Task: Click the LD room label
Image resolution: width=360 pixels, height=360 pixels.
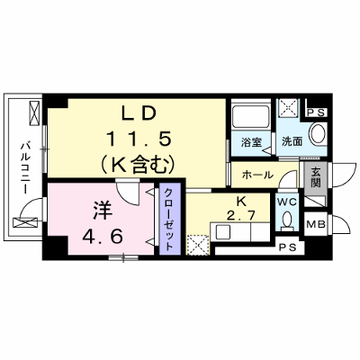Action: click(139, 113)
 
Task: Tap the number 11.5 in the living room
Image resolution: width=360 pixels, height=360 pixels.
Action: click(138, 139)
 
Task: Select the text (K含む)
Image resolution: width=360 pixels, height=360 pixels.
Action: click(139, 165)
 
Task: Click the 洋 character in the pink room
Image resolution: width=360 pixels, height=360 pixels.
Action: click(103, 211)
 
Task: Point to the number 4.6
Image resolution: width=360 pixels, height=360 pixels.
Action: click(103, 237)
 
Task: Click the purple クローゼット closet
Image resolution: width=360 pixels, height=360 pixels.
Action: click(170, 219)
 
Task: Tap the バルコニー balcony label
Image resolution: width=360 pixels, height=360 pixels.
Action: click(25, 168)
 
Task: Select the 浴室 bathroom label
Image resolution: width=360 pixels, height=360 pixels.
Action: click(251, 142)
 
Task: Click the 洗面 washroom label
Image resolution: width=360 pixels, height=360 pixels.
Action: click(292, 141)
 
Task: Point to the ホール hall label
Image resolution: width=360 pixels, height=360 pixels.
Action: click(257, 175)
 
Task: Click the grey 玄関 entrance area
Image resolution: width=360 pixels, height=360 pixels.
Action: click(315, 179)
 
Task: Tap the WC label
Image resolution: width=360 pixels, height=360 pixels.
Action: click(287, 202)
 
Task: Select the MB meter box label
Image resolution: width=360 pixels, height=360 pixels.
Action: click(316, 224)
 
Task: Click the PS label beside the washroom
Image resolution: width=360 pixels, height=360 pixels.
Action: click(317, 112)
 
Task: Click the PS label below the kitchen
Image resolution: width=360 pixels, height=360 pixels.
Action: click(288, 247)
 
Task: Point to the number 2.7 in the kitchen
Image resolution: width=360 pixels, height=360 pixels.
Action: click(241, 215)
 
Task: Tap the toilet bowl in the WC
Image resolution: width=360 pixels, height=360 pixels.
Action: click(287, 221)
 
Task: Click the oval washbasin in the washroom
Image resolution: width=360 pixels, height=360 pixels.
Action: click(318, 134)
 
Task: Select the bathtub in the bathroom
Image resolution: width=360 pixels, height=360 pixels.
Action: click(251, 116)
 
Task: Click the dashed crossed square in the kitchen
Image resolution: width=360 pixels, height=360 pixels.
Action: click(197, 245)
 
